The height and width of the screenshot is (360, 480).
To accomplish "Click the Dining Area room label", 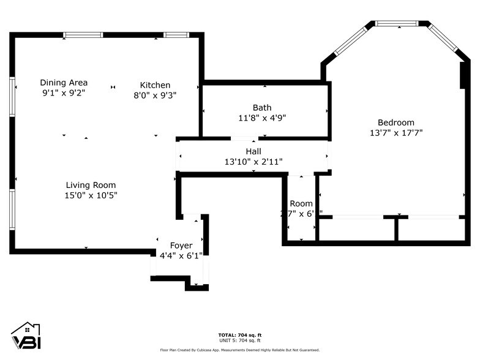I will (64, 83).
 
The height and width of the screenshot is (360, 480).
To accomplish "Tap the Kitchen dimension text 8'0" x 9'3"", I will (156, 95).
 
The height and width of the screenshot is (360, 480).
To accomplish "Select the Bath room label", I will (262, 108).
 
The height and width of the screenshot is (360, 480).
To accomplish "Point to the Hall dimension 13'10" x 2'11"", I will (253, 162).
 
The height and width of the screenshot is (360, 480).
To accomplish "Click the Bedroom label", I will (396, 122).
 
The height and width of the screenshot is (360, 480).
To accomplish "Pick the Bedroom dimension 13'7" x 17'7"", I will (396, 132).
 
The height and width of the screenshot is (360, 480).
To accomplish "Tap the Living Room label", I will (91, 185).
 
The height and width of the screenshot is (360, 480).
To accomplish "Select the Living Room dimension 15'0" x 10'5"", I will (91, 195).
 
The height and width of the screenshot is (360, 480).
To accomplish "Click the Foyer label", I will (181, 246).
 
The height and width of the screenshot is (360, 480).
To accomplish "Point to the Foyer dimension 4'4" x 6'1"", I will (181, 255).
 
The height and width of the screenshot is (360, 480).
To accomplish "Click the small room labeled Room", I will (301, 203).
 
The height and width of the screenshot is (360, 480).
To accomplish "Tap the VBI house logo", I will (26, 337).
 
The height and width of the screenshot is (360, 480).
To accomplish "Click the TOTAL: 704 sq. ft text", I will (240, 335).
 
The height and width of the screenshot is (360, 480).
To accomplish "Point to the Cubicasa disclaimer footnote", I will (240, 350).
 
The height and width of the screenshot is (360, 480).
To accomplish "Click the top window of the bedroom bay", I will (396, 23).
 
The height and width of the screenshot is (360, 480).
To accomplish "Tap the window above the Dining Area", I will (83, 35).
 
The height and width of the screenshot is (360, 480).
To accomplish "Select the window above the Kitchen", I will (176, 35).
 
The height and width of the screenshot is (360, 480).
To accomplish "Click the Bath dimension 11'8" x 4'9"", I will (262, 118).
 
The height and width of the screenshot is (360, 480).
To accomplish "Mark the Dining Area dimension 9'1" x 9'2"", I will (64, 93).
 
